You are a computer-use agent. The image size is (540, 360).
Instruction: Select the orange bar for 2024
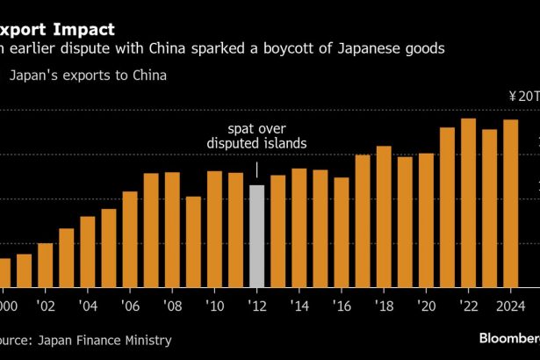pyautogui.click(x=510, y=203)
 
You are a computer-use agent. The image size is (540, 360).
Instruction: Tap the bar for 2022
pyautogui.click(x=468, y=202)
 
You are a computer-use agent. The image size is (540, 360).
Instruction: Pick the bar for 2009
pyautogui.click(x=193, y=241)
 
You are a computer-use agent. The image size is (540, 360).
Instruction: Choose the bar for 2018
pyautogui.click(x=384, y=216)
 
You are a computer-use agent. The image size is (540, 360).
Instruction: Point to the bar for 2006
pyautogui.click(x=130, y=238)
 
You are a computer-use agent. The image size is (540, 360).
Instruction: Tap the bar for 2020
pyautogui.click(x=426, y=220)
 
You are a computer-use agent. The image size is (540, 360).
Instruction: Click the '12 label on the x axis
pyautogui.click(x=256, y=306)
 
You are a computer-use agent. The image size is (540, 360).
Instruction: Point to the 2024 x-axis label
pyautogui.click(x=509, y=306)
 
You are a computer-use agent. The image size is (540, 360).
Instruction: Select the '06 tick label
pyautogui.click(x=130, y=306)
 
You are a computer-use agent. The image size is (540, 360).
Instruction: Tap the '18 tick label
pyautogui.click(x=384, y=306)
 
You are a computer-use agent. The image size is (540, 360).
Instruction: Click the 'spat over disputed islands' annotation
pyautogui.click(x=257, y=136)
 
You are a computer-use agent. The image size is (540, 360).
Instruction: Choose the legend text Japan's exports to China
pyautogui.click(x=88, y=76)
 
